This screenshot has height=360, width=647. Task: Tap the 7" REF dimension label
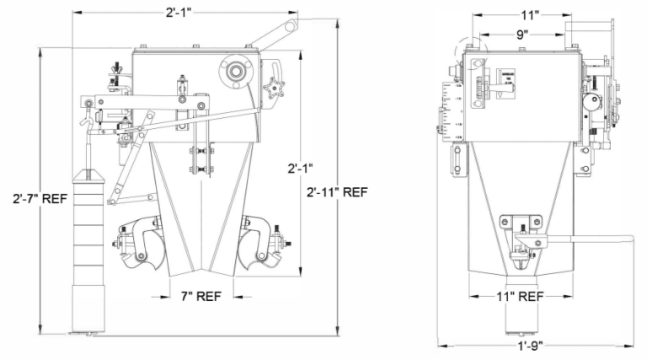pyautogui.click(x=196, y=297)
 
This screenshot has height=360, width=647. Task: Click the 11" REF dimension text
pyautogui.click(x=519, y=297)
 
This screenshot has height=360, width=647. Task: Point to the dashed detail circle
pyautogui.click(x=472, y=51)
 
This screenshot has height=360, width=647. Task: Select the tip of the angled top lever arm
pyautogui.click(x=291, y=27)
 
